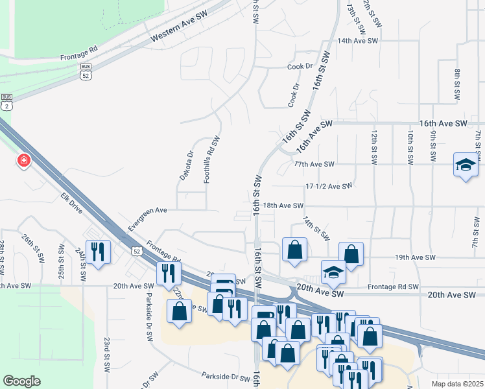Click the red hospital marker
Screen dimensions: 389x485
pyautogui.click(x=24, y=160)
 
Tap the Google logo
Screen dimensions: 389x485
pyautogui.click(x=22, y=381)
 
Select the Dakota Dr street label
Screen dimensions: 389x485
pyautogui.click(x=186, y=165)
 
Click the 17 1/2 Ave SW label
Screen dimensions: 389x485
pyautogui.click(x=329, y=186)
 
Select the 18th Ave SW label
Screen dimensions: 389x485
pyautogui.click(x=283, y=206)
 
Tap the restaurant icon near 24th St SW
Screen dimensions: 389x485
pyautogui.click(x=98, y=251)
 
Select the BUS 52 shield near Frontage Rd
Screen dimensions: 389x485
pyautogui.click(x=86, y=71)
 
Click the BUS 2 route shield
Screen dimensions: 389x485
pyautogui.click(x=6, y=101)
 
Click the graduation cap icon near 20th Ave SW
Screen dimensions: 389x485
pyautogui.click(x=334, y=272)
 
